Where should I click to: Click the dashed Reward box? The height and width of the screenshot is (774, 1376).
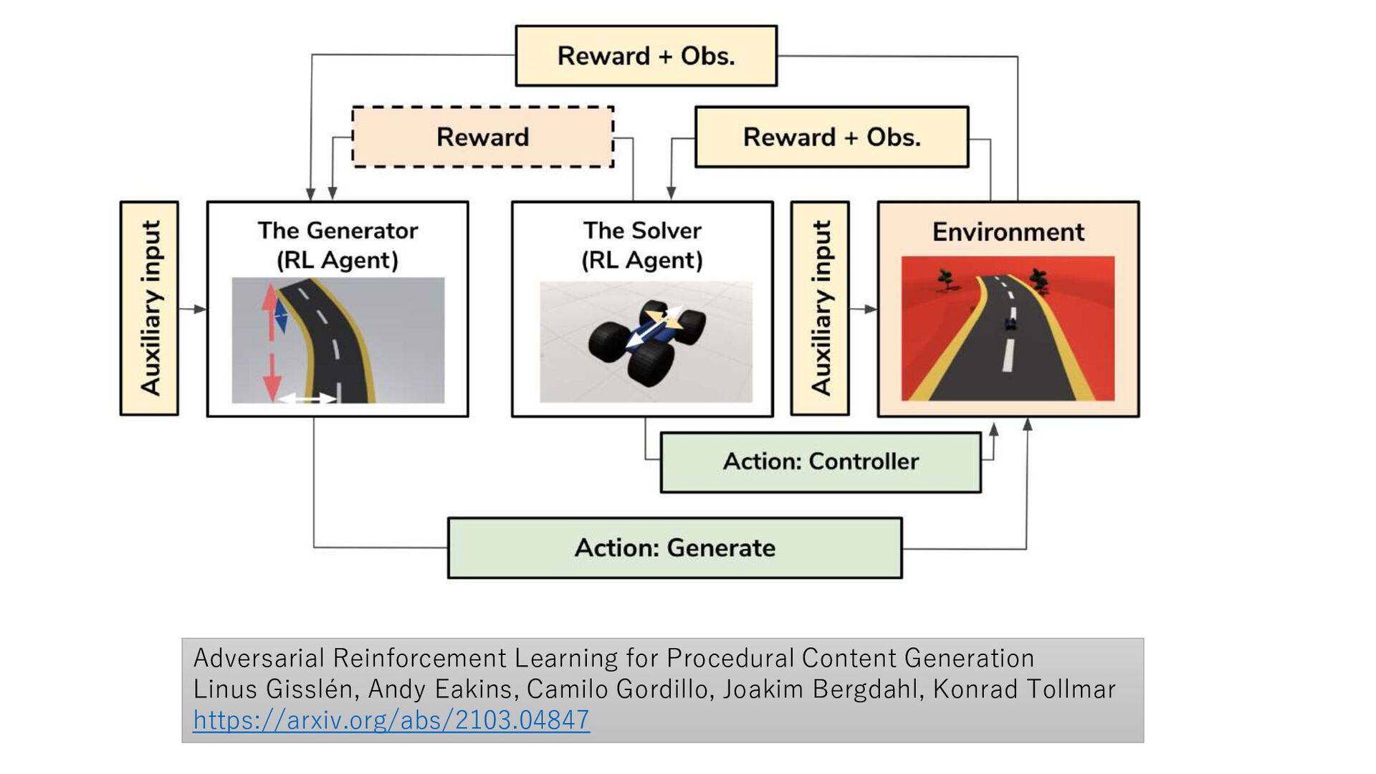pos(482,137)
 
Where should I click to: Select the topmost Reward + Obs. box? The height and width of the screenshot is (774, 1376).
pos(646,56)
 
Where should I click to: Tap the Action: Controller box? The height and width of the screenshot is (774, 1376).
pos(821,462)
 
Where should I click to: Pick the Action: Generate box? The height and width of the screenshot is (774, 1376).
pos(674,548)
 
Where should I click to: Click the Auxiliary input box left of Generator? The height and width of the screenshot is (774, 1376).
pos(149,308)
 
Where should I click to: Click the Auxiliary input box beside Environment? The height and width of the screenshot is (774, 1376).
pos(820,308)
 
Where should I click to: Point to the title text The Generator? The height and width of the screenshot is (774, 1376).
pos(338,231)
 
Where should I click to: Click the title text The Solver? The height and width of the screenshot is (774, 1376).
pos(642,231)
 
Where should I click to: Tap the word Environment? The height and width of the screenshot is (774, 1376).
pos(1008,232)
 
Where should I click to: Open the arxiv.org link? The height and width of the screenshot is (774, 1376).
pos(391,720)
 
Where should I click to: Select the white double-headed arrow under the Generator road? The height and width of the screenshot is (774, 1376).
pos(307,398)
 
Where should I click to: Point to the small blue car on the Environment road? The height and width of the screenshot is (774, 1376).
pos(1010,324)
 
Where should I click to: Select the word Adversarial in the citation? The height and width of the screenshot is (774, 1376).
pos(259,658)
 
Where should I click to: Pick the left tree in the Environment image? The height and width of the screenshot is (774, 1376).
pos(947,279)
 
